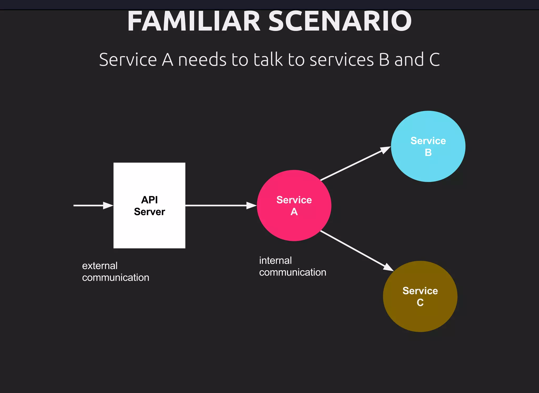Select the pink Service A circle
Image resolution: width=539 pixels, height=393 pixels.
[x=294, y=226]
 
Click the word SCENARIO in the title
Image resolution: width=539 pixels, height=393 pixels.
[x=340, y=22]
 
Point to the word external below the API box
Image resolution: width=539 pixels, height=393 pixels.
[x=100, y=266]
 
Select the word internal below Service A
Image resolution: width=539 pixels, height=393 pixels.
[x=275, y=261]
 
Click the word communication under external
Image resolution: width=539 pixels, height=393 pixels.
[x=116, y=278]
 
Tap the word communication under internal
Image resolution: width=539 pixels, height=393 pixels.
[x=293, y=273]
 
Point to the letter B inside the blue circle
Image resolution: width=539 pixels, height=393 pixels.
[x=428, y=153]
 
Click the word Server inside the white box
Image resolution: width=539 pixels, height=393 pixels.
[x=149, y=212]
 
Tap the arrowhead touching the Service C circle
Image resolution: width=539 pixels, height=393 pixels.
[x=388, y=268]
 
